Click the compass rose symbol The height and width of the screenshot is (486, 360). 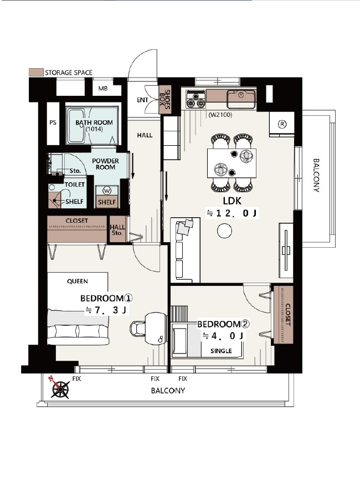[59, 388]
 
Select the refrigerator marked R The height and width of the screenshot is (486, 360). [281, 124]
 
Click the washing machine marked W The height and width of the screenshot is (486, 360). [107, 190]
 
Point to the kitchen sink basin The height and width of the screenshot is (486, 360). [241, 96]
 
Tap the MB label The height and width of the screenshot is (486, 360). [103, 89]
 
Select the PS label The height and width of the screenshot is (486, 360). [53, 122]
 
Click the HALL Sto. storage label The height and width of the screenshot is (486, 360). [117, 230]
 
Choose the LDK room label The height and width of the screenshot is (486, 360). [232, 201]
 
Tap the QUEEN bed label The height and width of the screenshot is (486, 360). [78, 282]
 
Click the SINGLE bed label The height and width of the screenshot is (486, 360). [221, 351]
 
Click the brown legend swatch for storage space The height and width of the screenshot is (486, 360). [35, 73]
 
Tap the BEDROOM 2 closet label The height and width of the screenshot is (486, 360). [287, 314]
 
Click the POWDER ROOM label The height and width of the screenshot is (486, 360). [105, 164]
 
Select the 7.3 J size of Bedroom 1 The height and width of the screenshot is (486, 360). [106, 310]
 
